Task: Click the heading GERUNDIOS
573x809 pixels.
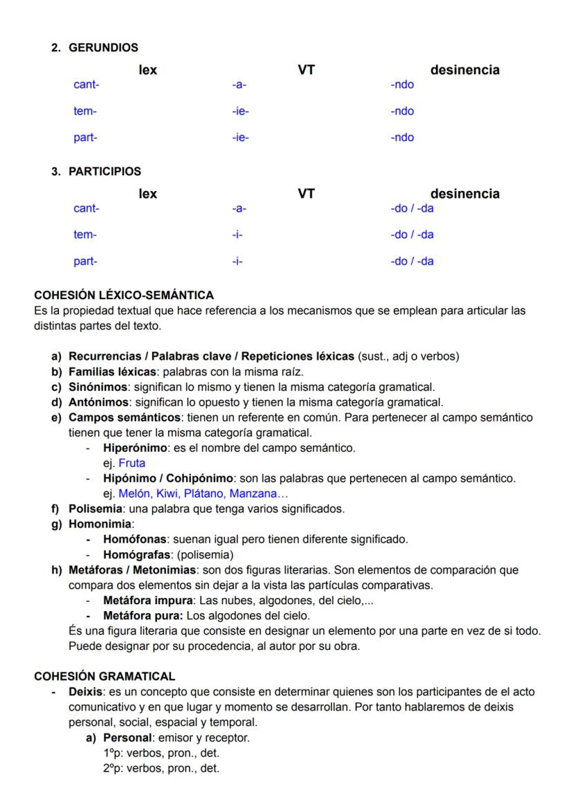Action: point(103,48)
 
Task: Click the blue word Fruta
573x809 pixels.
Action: point(132,464)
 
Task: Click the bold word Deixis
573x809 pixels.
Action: point(84,692)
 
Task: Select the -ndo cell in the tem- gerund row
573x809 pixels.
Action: point(402,111)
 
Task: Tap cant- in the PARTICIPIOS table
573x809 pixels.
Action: point(87,208)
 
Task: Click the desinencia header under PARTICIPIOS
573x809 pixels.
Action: point(464,194)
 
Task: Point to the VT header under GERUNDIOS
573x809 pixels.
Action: point(306,70)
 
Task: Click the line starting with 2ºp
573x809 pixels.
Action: point(160,767)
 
